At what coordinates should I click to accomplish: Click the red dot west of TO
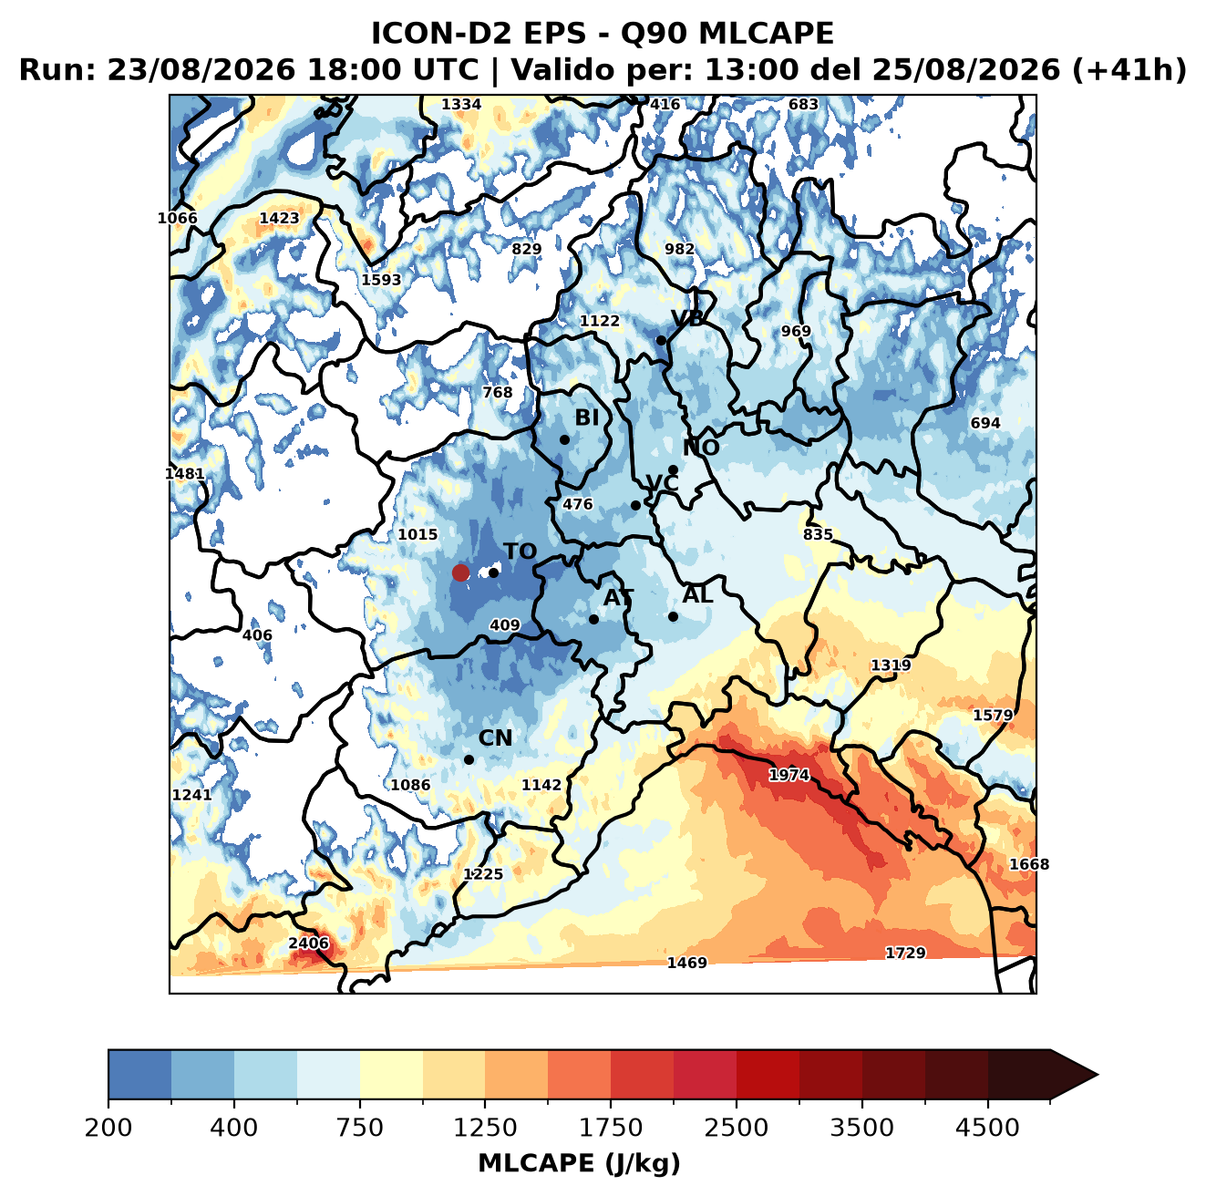[x=460, y=572]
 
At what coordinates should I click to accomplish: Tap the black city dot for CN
[x=469, y=759]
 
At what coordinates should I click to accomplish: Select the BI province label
[x=586, y=418]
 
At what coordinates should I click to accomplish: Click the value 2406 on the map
[x=308, y=943]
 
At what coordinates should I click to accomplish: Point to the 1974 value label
[x=789, y=776]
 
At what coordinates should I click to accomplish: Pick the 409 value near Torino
[x=504, y=625]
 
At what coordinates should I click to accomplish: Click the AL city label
[x=697, y=594]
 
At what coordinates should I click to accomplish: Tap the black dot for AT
[x=593, y=620]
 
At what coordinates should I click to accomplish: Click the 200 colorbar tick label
[x=108, y=1127]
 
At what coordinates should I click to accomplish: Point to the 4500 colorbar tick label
[x=987, y=1127]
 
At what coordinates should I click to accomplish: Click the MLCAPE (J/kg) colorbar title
[x=579, y=1163]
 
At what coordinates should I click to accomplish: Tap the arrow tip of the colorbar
[x=1098, y=1075]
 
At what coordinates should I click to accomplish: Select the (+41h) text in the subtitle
[x=1129, y=70]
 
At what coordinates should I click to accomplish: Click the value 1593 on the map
[x=381, y=280]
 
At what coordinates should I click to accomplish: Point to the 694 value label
[x=985, y=423]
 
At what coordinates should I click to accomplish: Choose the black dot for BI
[x=564, y=440]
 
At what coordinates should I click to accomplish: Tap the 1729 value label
[x=905, y=953]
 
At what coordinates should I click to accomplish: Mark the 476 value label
[x=577, y=504]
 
